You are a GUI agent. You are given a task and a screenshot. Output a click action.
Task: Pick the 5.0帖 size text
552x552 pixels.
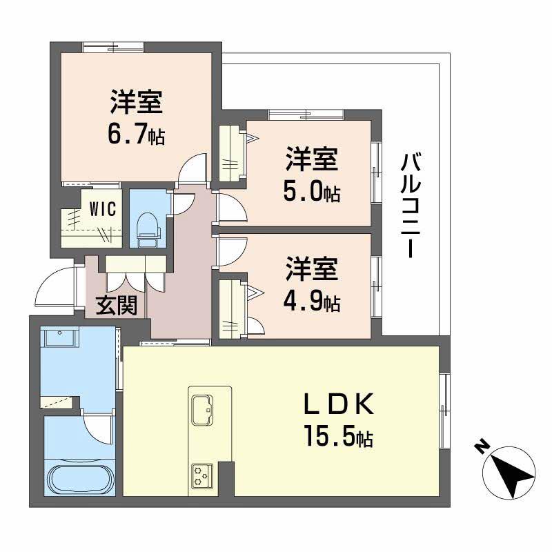point(312,192)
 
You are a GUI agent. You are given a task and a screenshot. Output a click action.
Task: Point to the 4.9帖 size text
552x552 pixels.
point(312,302)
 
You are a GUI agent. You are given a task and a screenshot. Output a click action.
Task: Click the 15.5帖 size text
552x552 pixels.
point(338,436)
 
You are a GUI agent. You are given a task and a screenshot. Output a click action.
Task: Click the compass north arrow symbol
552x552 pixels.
point(511,475)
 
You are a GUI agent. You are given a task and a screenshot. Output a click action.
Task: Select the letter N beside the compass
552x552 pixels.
point(481,447)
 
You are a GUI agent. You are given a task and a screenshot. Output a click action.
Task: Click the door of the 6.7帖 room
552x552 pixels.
point(193,168)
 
